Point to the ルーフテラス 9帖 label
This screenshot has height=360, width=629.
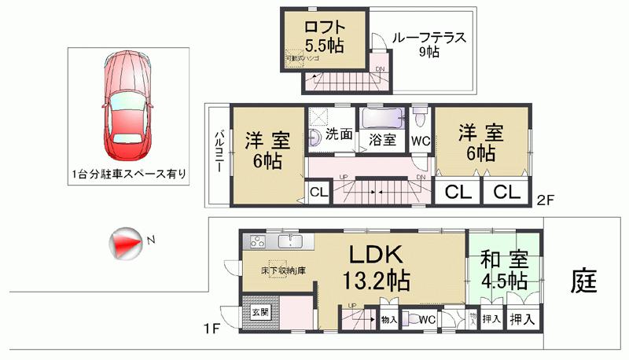coord(429,44)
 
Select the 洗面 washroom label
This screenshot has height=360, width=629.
coord(339,134)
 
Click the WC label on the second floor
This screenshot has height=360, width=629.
coord(420,141)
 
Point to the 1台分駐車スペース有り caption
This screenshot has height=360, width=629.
coord(127,174)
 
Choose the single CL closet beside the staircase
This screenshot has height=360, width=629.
coord(318,191)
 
